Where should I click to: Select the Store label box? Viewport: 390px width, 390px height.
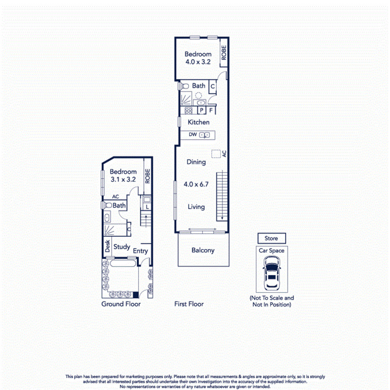click(271, 239)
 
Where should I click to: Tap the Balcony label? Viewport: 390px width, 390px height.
click(203, 250)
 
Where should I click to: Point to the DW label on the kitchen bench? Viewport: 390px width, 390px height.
click(193, 135)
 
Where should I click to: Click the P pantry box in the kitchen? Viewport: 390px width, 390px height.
click(201, 111)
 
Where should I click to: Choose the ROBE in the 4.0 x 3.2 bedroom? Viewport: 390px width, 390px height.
click(224, 53)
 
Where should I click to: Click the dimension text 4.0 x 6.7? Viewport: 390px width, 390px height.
click(196, 184)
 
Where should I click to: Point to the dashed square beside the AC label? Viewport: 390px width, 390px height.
click(216, 154)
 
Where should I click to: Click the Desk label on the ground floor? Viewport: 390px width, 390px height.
click(108, 246)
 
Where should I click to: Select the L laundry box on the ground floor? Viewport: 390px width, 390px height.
click(147, 207)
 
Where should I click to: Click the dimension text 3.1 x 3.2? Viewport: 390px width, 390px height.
click(123, 179)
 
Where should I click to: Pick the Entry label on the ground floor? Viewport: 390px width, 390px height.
click(140, 251)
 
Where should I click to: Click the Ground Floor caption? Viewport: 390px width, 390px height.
click(121, 304)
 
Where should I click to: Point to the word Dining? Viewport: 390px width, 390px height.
click(196, 162)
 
